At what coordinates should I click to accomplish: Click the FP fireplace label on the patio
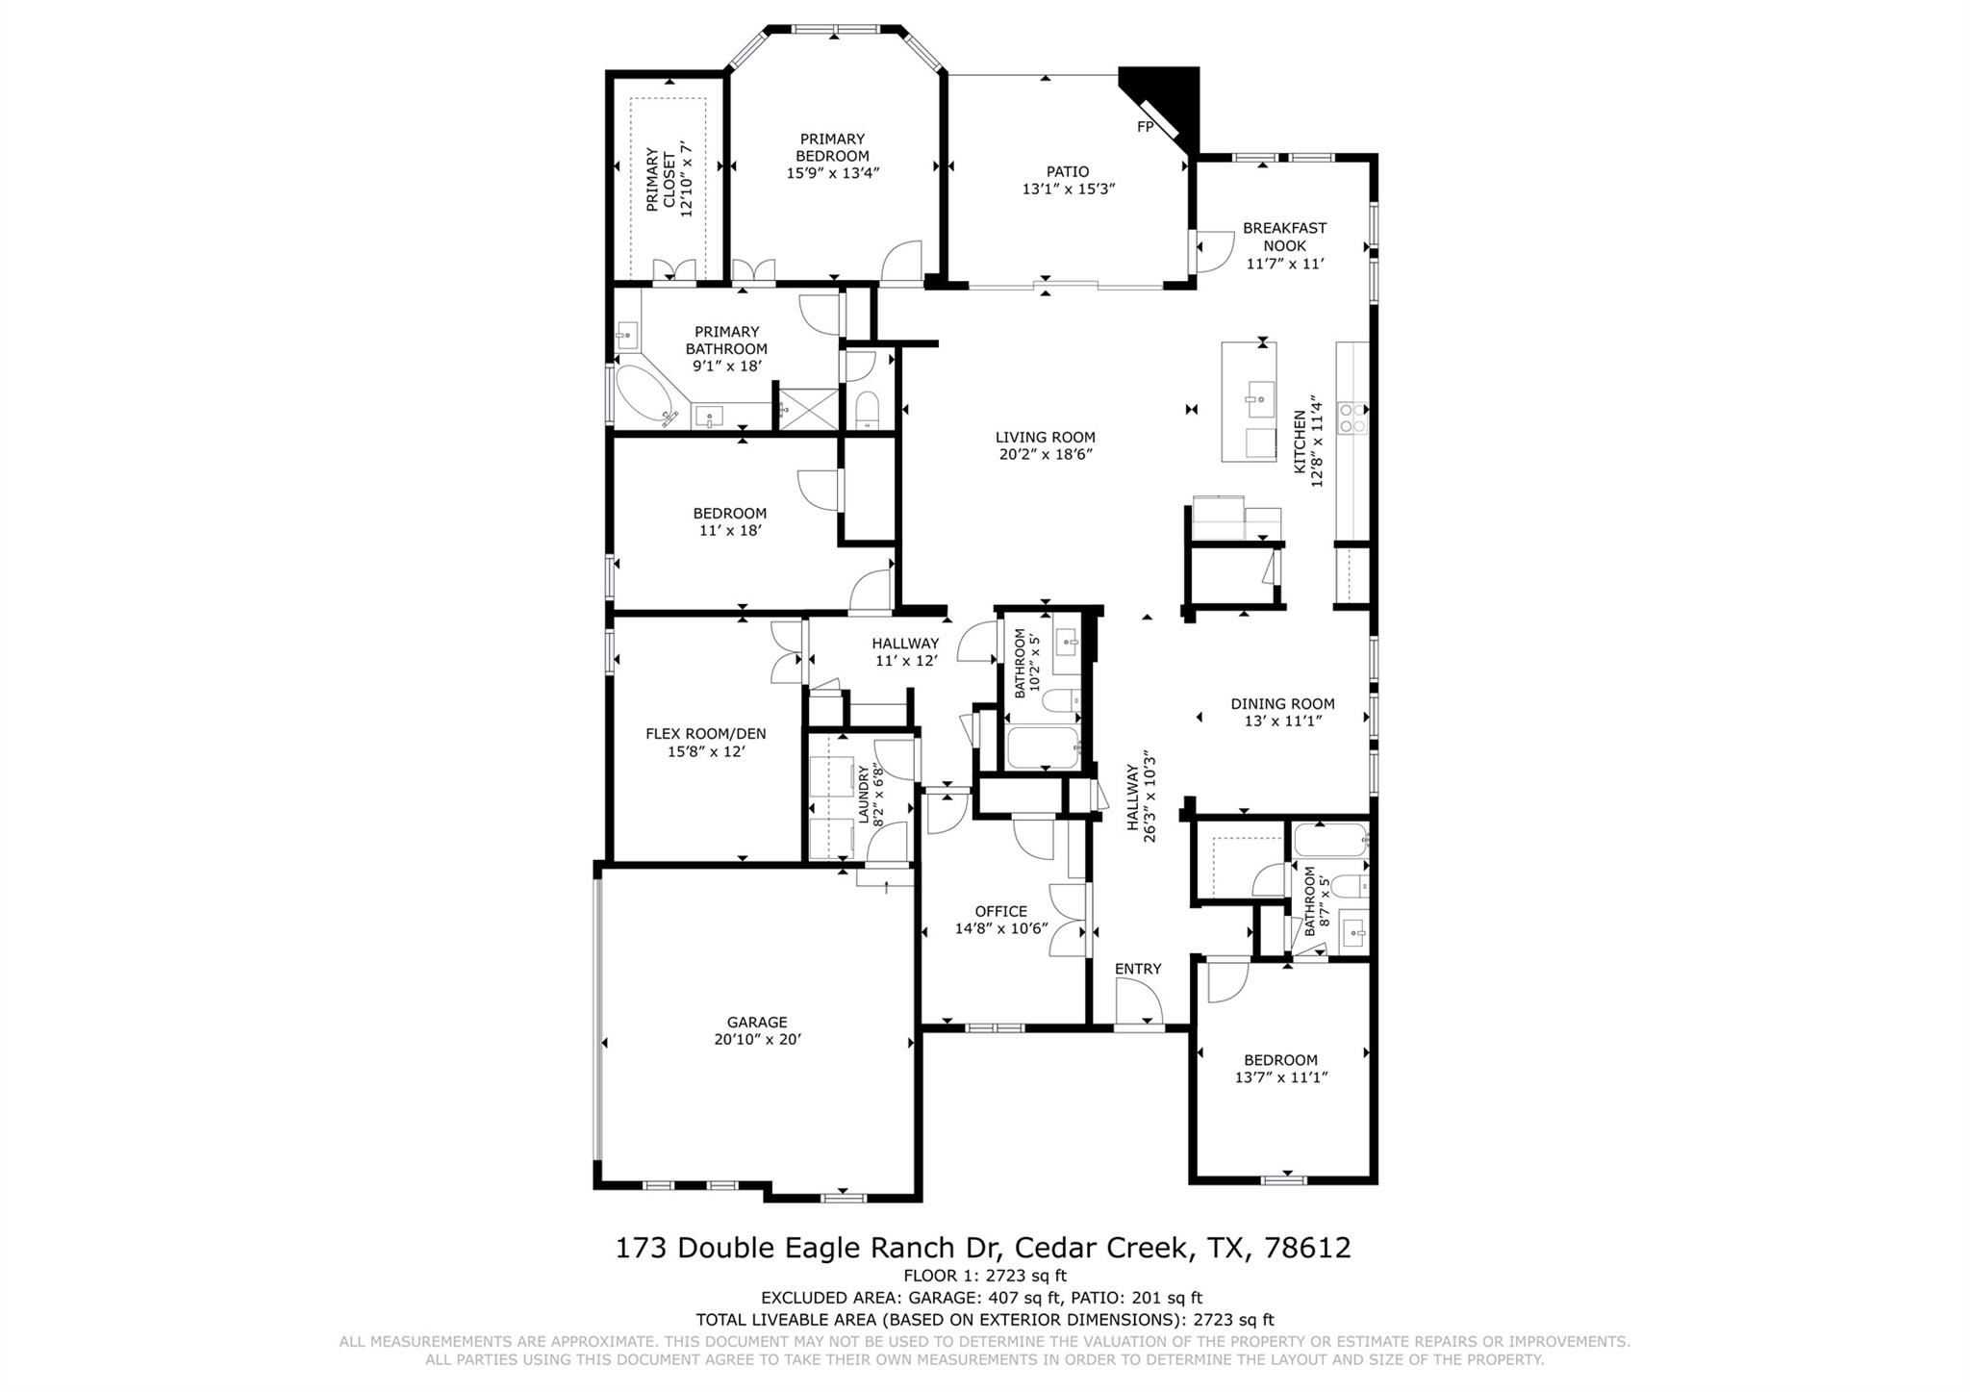[1145, 127]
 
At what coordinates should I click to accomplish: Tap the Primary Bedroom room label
[832, 147]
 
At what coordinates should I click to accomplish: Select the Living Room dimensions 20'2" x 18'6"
[1046, 454]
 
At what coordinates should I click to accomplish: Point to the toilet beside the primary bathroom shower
[868, 410]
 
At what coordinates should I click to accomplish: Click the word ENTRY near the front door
[1138, 969]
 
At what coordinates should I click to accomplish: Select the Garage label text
[757, 1023]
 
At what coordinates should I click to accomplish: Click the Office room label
[1000, 911]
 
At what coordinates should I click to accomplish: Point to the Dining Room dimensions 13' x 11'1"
[1282, 721]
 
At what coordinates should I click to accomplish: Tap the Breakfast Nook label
[1284, 237]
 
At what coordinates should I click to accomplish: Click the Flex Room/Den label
[705, 734]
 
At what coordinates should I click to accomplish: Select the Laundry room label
[863, 795]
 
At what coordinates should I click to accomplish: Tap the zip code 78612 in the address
[1308, 1248]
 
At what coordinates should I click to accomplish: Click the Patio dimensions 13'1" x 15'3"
[1068, 190]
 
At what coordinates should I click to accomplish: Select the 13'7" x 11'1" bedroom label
[1281, 1077]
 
